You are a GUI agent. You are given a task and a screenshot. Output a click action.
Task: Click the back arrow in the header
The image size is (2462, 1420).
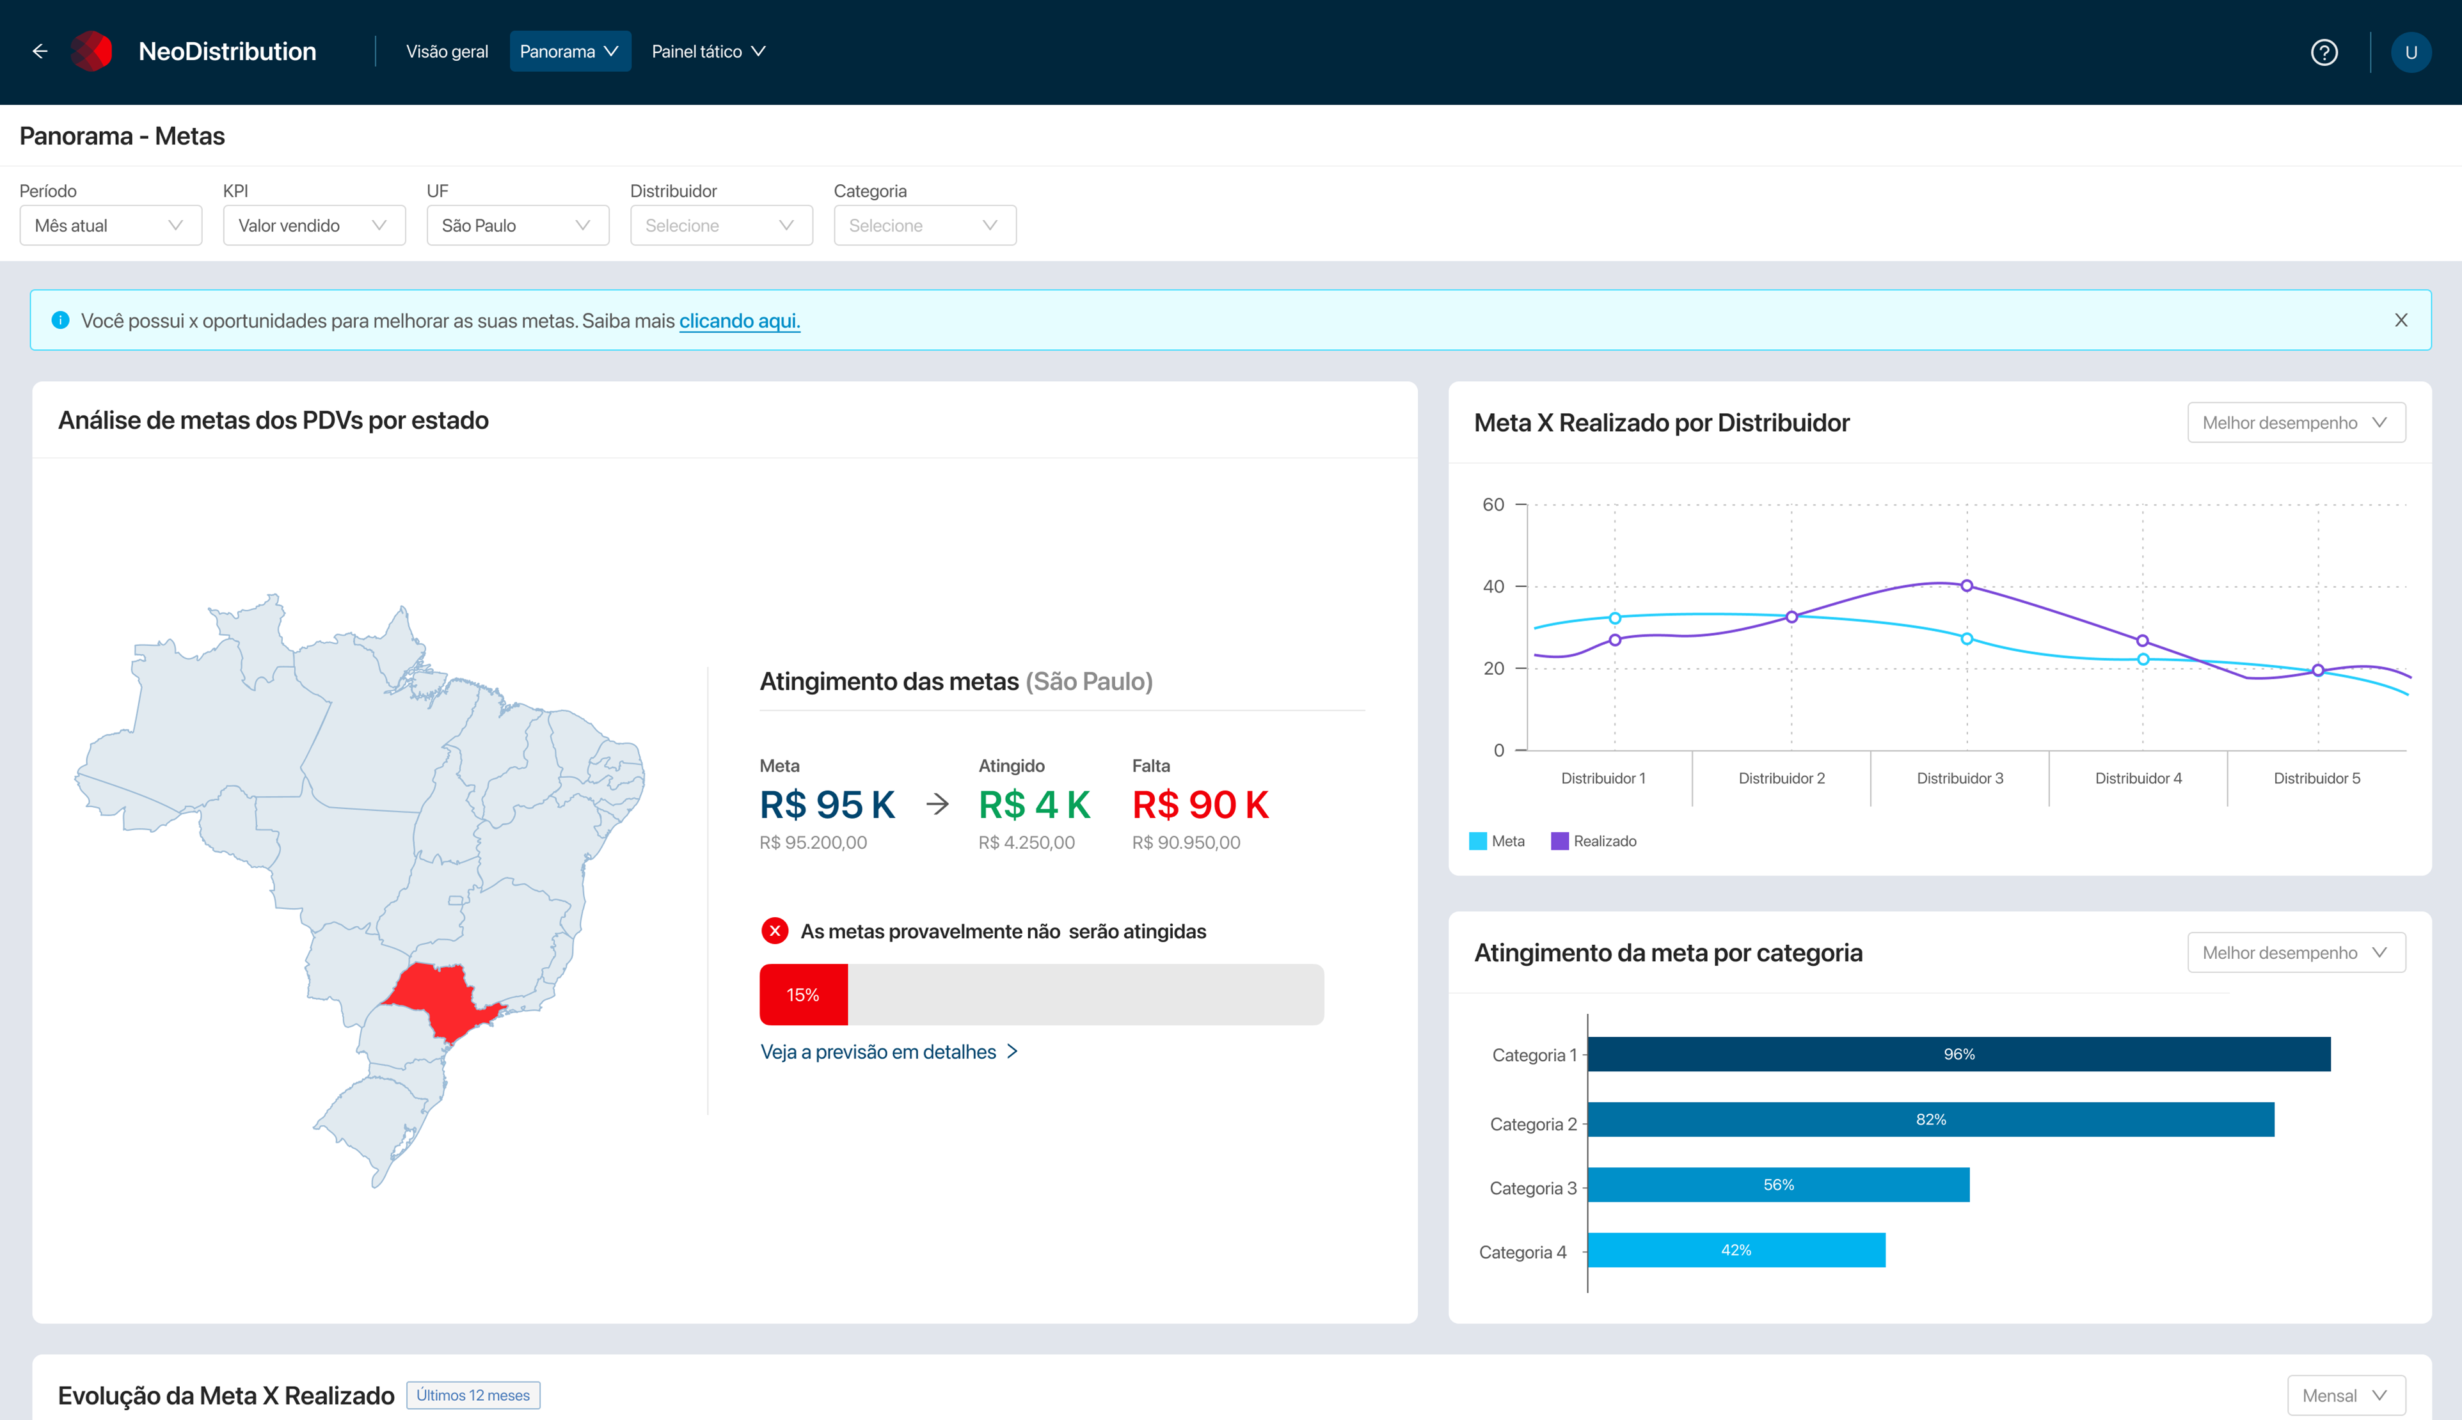pyautogui.click(x=40, y=52)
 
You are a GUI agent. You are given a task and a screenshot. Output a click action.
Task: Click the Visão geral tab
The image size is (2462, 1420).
pyautogui.click(x=447, y=52)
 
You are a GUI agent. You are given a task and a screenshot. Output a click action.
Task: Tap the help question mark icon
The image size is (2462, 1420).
pyautogui.click(x=2324, y=52)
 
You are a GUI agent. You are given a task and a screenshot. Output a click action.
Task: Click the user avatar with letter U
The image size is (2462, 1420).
pyautogui.click(x=2410, y=52)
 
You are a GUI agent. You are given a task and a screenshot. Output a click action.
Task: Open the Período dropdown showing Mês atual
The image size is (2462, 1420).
pyautogui.click(x=110, y=225)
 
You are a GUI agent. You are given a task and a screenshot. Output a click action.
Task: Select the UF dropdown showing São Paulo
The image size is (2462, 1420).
pyautogui.click(x=517, y=225)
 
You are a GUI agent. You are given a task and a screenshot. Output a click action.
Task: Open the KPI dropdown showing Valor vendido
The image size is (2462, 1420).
pyautogui.click(x=313, y=225)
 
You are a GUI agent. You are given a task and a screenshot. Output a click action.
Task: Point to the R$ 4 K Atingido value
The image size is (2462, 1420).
pyautogui.click(x=1034, y=805)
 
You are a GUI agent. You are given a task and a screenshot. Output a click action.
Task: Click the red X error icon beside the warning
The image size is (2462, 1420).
pyautogui.click(x=775, y=931)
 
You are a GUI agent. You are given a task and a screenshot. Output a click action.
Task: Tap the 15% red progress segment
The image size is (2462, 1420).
pyautogui.click(x=803, y=995)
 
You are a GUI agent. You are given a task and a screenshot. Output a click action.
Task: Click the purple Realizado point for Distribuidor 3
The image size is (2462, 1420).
pyautogui.click(x=1967, y=586)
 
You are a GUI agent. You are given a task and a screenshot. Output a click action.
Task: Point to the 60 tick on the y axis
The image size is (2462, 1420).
pyautogui.click(x=1493, y=504)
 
